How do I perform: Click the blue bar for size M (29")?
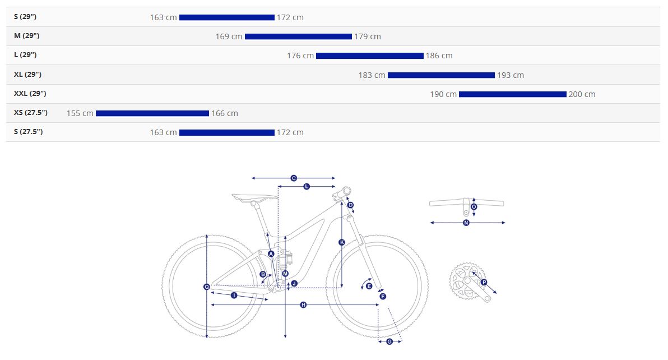coord(298,36)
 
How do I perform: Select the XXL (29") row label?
coord(30,93)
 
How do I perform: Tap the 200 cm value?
coord(582,94)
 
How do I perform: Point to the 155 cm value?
coord(80,113)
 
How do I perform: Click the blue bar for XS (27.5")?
coord(152,113)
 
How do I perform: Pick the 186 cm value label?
coord(439,56)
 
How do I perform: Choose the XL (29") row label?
coord(27,74)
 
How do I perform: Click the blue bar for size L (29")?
coord(370,56)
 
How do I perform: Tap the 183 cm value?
coord(372,75)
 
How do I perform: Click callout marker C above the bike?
coord(294,178)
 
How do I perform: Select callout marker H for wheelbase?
coord(303,304)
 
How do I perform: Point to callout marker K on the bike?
coord(342,242)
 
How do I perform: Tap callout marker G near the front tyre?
coord(389,341)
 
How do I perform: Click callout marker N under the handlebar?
coord(466,223)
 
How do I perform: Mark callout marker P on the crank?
coord(484,283)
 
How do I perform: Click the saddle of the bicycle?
coord(255,197)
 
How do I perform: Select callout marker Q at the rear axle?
coord(207,287)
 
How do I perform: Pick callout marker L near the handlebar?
coord(307,187)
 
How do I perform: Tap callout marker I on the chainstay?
coord(234,296)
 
